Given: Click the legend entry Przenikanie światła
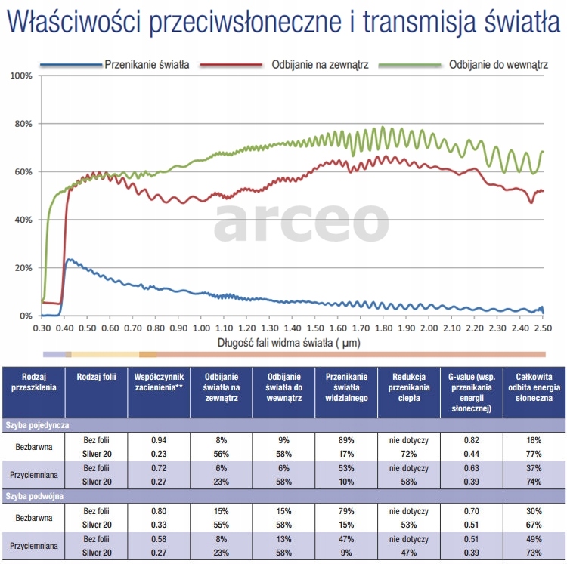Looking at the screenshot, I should tap(146, 65).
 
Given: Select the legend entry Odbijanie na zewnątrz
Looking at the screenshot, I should tap(319, 65).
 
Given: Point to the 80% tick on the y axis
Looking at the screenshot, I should tap(21, 124).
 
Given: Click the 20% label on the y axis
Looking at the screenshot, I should tap(21, 268).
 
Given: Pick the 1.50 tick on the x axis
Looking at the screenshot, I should tap(314, 329).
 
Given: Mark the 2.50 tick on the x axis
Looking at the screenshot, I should tap(541, 329).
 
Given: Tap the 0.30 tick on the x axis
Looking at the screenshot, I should tap(42, 329).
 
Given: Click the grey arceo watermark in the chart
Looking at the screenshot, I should tap(301, 220).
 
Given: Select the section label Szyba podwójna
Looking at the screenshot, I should tap(33, 497).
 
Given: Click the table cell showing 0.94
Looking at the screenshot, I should tap(159, 439).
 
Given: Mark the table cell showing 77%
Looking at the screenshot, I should tap(533, 453).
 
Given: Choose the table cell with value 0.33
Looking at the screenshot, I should tap(159, 524).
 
